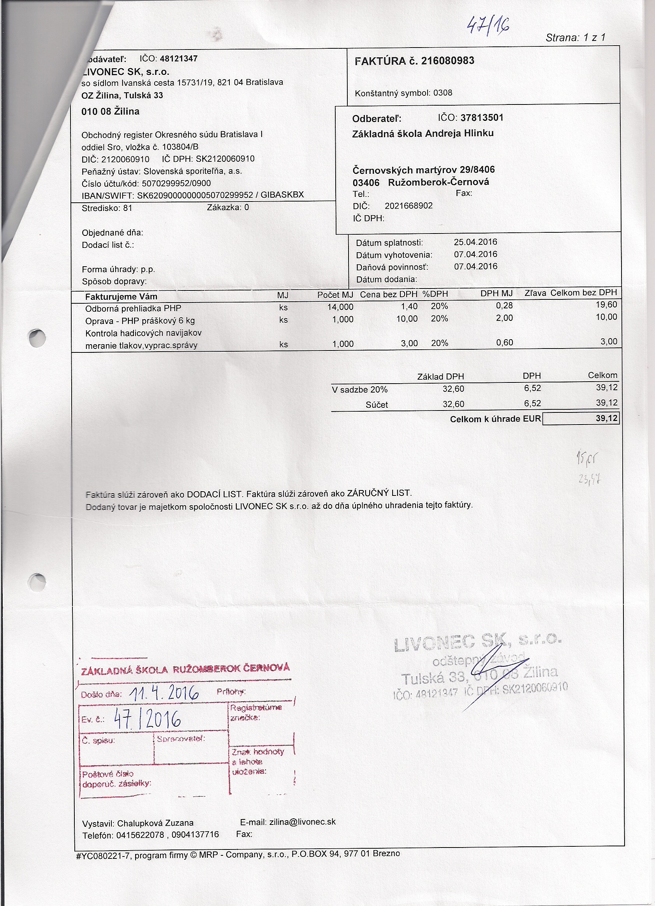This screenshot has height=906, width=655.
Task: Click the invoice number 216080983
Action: [x=447, y=61]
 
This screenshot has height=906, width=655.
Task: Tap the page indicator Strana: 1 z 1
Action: [x=575, y=37]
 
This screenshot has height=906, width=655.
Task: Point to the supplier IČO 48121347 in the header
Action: [x=178, y=59]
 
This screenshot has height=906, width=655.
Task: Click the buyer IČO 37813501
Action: [x=482, y=118]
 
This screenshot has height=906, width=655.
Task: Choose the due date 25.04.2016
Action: [x=475, y=242]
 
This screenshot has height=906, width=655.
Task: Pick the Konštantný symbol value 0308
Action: [x=443, y=93]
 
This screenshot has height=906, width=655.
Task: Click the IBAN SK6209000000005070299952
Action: [x=195, y=195]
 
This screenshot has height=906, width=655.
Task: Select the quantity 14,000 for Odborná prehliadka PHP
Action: [x=340, y=307]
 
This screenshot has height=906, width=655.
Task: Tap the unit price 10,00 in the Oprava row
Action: [x=407, y=319]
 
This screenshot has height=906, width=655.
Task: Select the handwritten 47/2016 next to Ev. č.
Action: [x=147, y=719]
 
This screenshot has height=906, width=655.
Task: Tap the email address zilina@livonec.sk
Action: [x=302, y=822]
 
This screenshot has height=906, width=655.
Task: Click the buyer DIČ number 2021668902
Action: [x=408, y=206]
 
